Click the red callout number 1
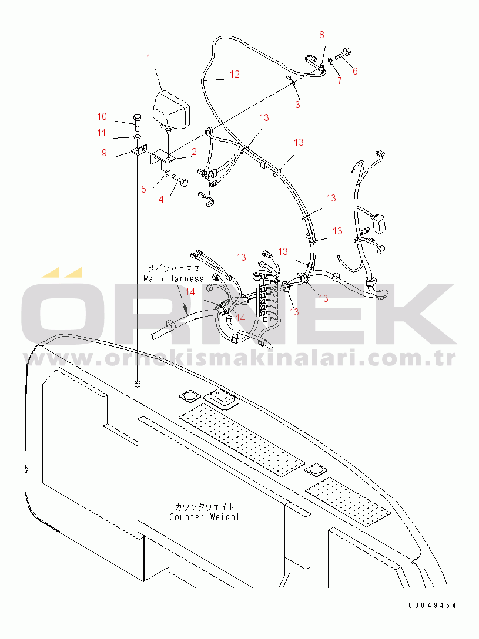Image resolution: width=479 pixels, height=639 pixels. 148,58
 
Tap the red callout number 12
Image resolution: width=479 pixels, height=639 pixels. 235,74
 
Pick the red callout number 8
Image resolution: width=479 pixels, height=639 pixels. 321,35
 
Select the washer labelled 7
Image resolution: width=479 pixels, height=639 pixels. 331,62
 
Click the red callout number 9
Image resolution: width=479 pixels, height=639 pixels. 105,153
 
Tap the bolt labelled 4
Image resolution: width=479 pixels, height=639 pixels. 180,179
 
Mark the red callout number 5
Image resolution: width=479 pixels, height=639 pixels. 143,189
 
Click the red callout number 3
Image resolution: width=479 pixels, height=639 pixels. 297,105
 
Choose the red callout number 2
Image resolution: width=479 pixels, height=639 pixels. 195,152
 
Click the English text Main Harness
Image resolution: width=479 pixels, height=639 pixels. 173,279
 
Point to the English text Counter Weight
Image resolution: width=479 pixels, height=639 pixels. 205,517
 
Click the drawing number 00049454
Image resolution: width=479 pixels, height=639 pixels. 433,606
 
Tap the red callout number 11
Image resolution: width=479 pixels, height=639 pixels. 102,133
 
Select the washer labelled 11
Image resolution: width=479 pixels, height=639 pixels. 138,136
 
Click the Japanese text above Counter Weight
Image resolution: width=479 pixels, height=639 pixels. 205,506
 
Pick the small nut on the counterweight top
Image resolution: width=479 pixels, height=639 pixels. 138,383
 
